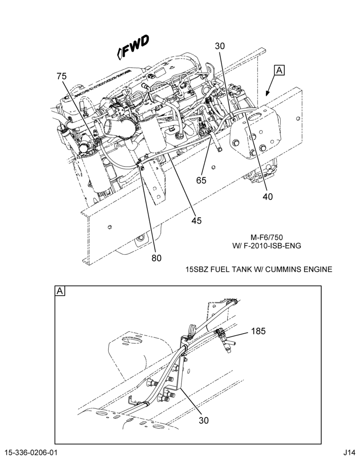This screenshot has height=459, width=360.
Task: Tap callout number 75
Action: point(62,76)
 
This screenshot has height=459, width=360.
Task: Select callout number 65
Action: point(201,180)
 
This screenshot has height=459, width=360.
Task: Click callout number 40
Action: point(267,196)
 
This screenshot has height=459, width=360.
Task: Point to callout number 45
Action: point(197,220)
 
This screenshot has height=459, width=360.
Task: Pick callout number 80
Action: point(157,258)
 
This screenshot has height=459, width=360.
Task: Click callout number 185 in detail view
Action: point(258,331)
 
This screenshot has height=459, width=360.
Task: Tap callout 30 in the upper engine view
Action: point(219,46)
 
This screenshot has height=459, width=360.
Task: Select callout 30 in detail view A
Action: point(203,420)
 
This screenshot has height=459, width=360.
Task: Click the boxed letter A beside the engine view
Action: point(279,70)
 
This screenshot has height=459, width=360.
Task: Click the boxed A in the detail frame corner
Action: point(60,291)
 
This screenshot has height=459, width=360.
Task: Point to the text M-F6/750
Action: point(267,237)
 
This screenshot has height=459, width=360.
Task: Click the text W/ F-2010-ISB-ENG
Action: point(267,246)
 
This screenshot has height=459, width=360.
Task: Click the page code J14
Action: point(349,452)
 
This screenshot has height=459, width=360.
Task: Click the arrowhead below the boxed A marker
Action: point(267,93)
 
